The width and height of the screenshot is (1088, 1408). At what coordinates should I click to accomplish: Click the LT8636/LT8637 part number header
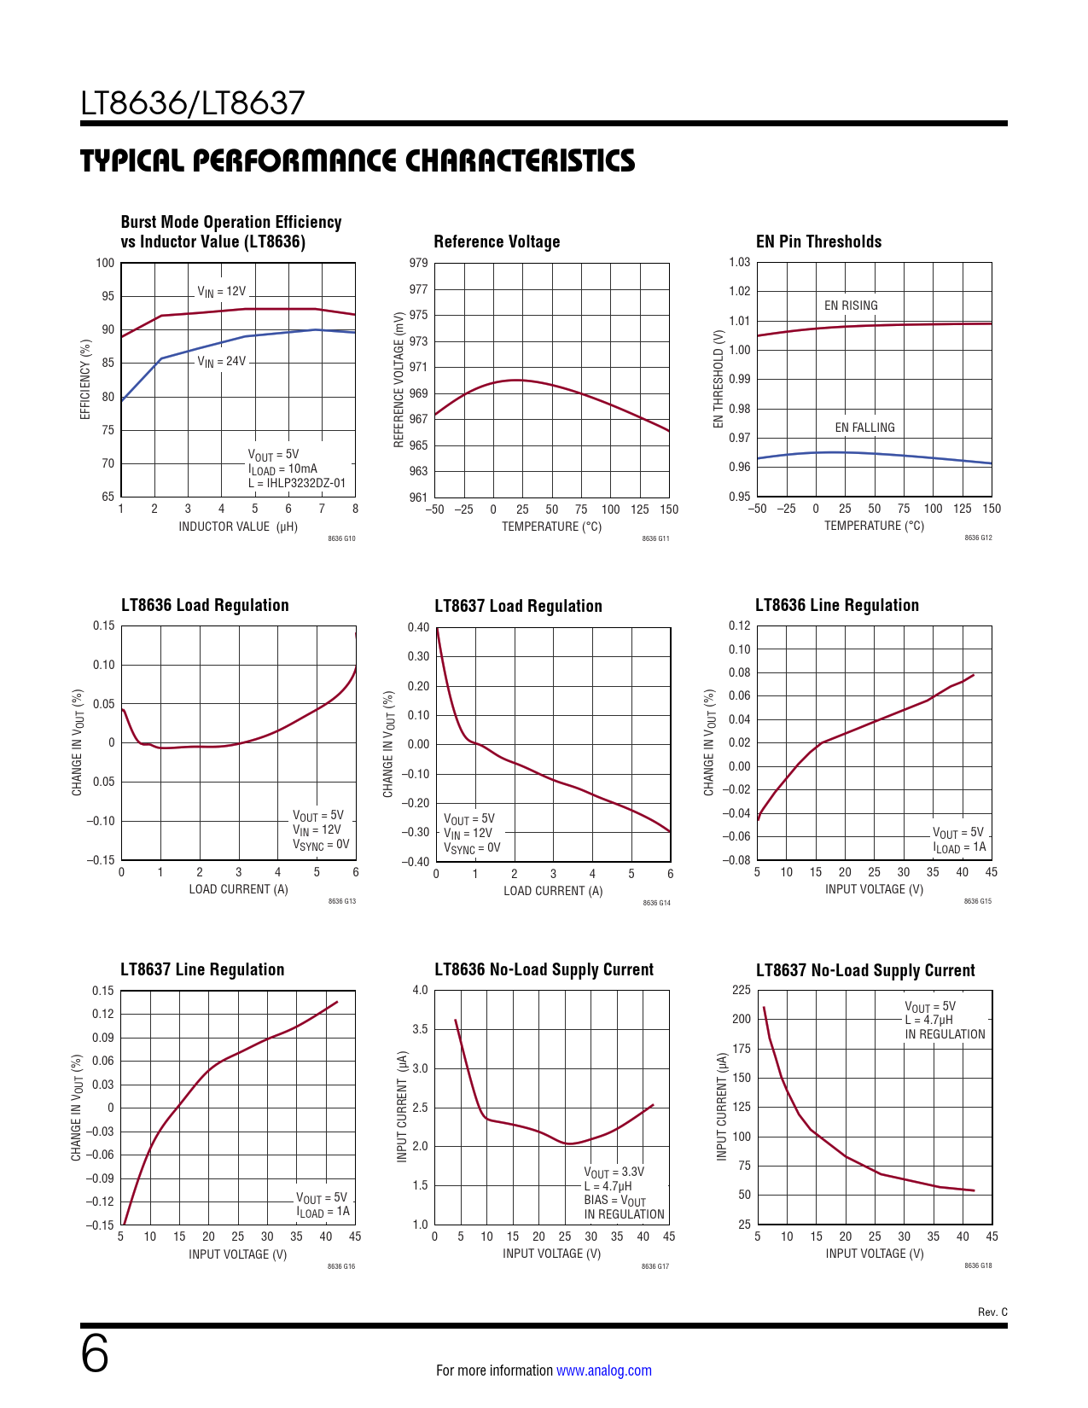(x=193, y=103)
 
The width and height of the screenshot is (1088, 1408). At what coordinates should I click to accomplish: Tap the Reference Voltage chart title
(x=497, y=241)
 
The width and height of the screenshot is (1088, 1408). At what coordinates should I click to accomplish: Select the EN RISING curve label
(x=851, y=305)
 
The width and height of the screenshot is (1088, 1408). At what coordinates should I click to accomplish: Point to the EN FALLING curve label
(x=864, y=428)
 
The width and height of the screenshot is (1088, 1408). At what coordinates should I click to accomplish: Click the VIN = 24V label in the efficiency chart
(x=221, y=362)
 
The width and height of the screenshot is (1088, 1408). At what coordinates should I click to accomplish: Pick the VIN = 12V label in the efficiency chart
(x=221, y=292)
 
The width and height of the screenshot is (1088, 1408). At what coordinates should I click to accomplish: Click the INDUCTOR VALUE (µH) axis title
(x=238, y=527)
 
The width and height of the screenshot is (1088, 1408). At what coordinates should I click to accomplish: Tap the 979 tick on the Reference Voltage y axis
(x=418, y=263)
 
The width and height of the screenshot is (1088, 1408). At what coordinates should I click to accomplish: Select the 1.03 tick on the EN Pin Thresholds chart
(x=739, y=262)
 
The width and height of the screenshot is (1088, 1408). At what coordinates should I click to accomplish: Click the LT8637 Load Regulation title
(x=518, y=606)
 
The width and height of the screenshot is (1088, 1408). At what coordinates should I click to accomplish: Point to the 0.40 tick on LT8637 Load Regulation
(x=418, y=627)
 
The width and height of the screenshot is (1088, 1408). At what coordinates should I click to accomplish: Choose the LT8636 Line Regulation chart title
(x=836, y=605)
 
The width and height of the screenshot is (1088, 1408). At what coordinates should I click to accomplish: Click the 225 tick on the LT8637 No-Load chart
(x=742, y=990)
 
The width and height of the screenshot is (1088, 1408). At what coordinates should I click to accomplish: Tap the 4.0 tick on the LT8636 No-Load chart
(x=420, y=991)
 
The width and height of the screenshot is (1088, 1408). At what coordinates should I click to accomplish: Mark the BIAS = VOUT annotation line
(x=614, y=1201)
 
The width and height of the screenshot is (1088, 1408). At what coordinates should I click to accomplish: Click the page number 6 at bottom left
(x=95, y=1354)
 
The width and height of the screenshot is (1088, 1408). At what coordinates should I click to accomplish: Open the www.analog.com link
(x=604, y=1370)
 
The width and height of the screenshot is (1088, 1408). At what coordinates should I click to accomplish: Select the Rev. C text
(x=992, y=1312)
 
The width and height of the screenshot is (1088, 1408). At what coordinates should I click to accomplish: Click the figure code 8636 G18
(x=978, y=1265)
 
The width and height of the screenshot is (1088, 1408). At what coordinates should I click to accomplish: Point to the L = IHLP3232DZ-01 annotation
(x=297, y=483)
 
